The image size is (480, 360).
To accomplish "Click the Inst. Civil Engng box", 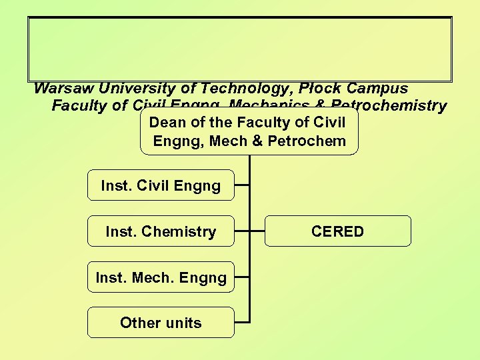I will tap(161, 185).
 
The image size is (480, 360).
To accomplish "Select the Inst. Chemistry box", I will tap(161, 231).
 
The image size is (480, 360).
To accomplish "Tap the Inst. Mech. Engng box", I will tap(161, 277).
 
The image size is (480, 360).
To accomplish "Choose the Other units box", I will tap(161, 323).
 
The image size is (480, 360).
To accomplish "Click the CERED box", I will tap(338, 231).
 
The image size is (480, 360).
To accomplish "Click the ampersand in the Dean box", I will tap(263, 141).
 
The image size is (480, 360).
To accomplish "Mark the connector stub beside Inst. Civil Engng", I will tap(242, 185).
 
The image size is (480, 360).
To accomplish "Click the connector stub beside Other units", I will tap(242, 323).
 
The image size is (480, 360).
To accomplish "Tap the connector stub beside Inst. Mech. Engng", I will tap(242, 277).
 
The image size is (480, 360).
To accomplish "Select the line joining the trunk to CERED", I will tap(257, 231).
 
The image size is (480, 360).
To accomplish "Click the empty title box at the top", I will tap(240, 49).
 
